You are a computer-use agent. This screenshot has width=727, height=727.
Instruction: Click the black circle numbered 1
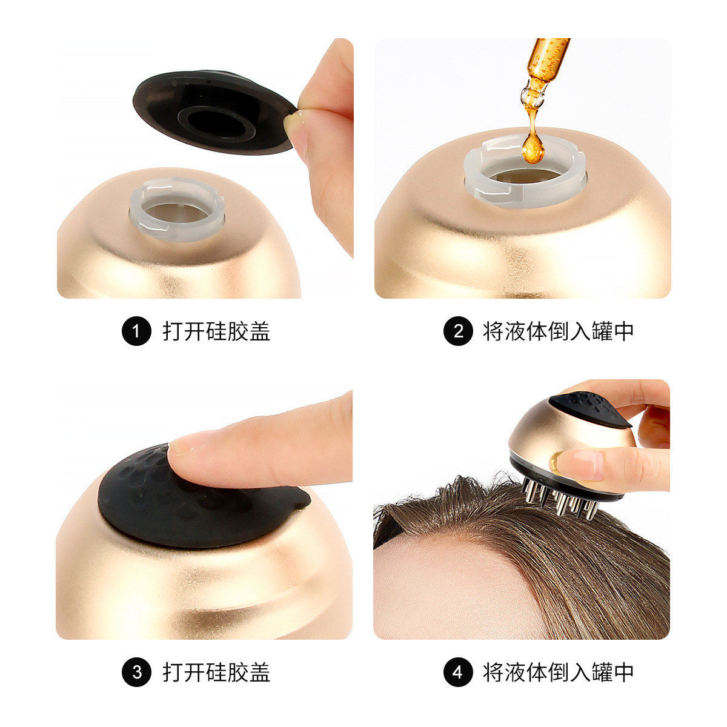tap(136, 331)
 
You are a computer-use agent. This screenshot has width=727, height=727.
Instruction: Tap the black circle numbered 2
tap(458, 331)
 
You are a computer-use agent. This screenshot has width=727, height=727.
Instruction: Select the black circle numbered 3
tap(136, 672)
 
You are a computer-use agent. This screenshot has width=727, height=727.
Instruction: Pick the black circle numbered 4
tap(458, 672)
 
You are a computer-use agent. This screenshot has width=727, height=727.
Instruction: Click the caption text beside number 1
tap(216, 331)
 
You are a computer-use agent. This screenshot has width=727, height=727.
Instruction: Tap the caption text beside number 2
tap(558, 331)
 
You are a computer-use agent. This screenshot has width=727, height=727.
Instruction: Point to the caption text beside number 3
tap(216, 672)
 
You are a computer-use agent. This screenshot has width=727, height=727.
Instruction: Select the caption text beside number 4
tap(558, 672)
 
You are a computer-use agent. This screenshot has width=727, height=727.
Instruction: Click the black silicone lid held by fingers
tap(212, 112)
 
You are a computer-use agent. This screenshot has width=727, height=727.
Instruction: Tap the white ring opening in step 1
tap(178, 209)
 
